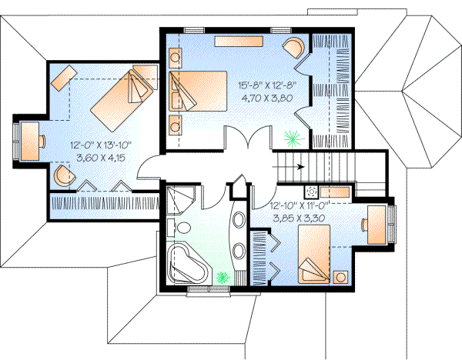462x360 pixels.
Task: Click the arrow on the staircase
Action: [x=297, y=165]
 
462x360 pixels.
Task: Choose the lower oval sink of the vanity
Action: [x=238, y=252]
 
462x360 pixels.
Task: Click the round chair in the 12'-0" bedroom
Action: [x=63, y=176]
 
